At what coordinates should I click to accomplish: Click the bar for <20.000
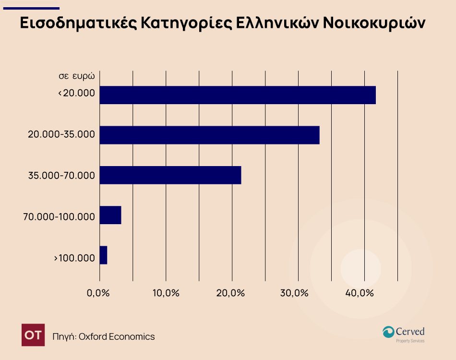238,95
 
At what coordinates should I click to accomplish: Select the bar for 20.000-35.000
209,135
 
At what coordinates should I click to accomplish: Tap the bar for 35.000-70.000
170,175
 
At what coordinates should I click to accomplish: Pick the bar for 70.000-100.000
110,215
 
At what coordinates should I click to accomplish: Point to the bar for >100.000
103,255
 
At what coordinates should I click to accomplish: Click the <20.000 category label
76,94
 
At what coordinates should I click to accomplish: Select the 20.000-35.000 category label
61,134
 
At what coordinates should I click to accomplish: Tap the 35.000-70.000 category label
61,175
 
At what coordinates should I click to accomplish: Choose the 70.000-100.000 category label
59,217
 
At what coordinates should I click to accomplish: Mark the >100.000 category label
74,258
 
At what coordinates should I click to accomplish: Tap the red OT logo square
34,335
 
